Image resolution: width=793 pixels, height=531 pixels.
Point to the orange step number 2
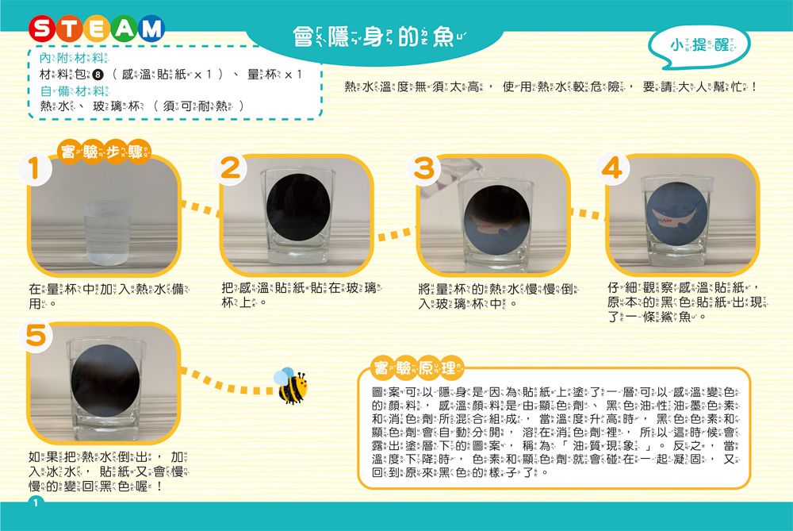(229, 169)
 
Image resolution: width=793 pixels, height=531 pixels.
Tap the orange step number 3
(426, 169)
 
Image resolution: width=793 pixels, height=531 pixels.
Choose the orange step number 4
(620, 169)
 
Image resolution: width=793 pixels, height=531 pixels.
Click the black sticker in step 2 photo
(298, 204)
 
